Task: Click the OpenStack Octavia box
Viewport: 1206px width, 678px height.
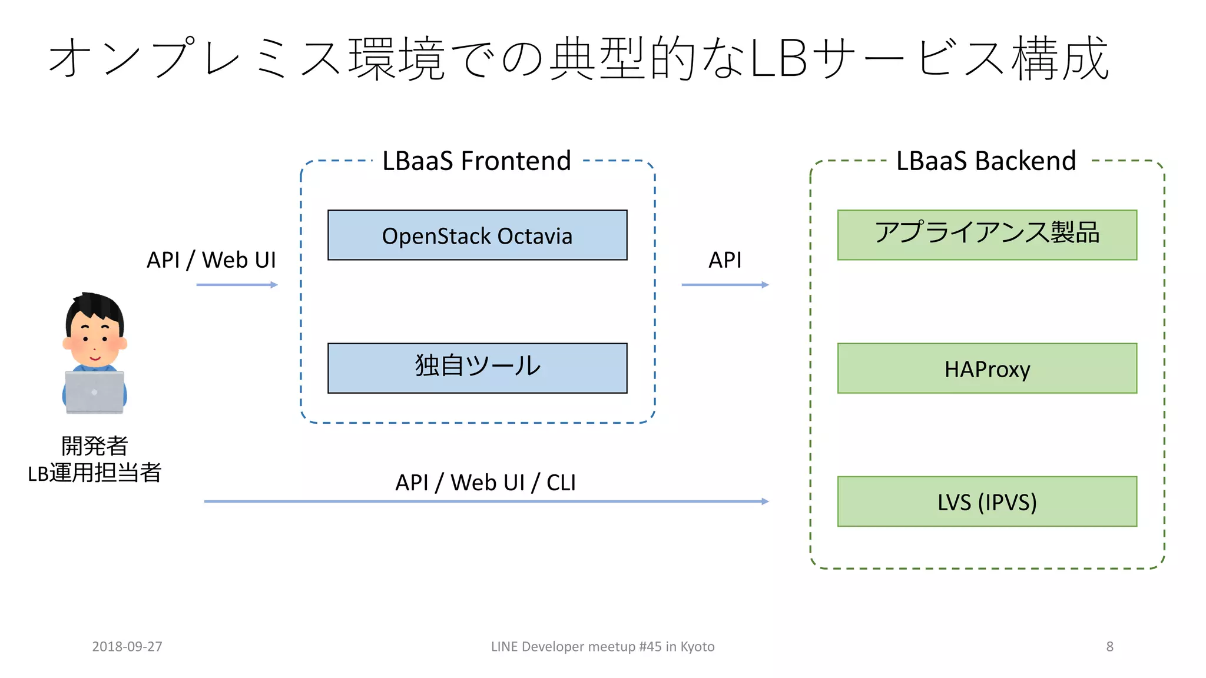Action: pyautogui.click(x=477, y=235)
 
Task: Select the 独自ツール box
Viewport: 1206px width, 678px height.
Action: pyautogui.click(x=477, y=368)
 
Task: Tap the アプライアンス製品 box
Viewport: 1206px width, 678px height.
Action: pyautogui.click(x=987, y=234)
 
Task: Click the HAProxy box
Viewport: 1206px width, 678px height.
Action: pyautogui.click(x=987, y=368)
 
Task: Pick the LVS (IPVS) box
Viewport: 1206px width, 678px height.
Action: pyautogui.click(x=987, y=501)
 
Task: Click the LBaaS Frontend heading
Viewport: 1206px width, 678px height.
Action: pyautogui.click(x=476, y=161)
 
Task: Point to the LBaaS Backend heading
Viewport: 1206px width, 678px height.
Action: pyautogui.click(x=986, y=161)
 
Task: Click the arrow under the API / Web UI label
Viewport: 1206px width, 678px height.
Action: pyautogui.click(x=237, y=285)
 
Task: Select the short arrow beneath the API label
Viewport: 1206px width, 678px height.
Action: pyautogui.click(x=725, y=285)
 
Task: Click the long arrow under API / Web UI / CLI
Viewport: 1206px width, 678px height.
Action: pyautogui.click(x=486, y=501)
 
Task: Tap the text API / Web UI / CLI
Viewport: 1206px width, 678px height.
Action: pyautogui.click(x=485, y=483)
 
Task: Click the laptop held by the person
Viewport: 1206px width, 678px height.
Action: pyautogui.click(x=94, y=392)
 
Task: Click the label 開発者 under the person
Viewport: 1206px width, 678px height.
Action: pyautogui.click(x=94, y=446)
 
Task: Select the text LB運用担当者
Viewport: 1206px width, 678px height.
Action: pyautogui.click(x=94, y=473)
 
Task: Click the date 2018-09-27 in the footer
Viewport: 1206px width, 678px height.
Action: pyautogui.click(x=127, y=646)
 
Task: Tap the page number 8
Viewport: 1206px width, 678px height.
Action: pyautogui.click(x=1109, y=646)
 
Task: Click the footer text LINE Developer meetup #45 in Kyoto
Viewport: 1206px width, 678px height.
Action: pyautogui.click(x=602, y=646)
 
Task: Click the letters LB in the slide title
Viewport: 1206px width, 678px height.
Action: pyautogui.click(x=778, y=59)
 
